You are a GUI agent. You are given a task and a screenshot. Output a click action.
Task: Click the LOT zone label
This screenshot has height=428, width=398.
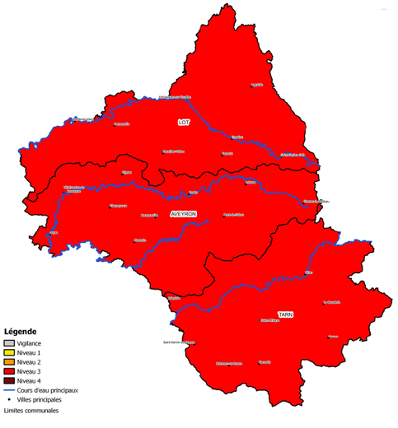[183, 123]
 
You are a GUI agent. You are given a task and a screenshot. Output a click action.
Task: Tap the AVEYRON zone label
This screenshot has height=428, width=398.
[184, 213]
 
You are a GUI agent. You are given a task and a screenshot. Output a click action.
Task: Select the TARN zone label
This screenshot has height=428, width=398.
[285, 314]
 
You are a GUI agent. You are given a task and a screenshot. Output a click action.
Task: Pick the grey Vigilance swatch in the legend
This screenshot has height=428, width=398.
[9, 343]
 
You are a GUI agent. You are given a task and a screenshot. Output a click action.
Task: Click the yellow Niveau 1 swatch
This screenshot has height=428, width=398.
[9, 352]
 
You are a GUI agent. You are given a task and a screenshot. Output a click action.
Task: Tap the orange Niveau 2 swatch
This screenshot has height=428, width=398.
[9, 362]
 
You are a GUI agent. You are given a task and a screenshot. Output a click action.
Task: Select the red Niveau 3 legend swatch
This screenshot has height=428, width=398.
[9, 371]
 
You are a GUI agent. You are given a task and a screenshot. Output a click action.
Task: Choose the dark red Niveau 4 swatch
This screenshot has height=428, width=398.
[9, 380]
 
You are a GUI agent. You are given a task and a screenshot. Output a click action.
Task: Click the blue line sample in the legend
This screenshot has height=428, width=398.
[9, 390]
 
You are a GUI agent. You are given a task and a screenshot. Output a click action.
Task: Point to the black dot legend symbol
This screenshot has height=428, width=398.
[9, 399]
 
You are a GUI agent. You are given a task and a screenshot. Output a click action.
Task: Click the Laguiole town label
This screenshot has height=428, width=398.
[257, 85]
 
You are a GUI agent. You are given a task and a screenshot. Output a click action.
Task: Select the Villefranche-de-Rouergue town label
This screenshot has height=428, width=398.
[74, 188]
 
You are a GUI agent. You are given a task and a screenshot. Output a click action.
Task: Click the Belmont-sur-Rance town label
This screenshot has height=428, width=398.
[228, 363]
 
